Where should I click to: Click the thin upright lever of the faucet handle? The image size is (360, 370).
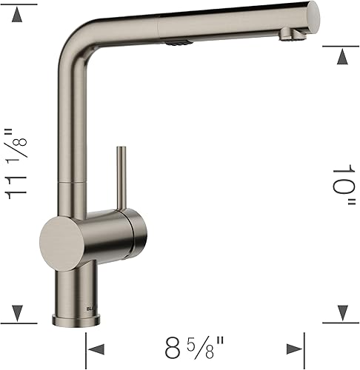coord(117,178)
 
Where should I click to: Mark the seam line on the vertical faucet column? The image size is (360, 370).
coord(72,180)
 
